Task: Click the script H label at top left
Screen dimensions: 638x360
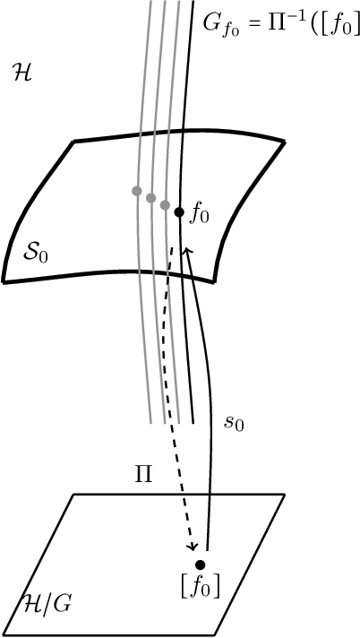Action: pos(21,73)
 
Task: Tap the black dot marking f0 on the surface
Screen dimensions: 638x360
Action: pos(179,212)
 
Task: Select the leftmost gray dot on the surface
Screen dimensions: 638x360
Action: pos(136,191)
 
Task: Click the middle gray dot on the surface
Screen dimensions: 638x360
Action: pos(150,197)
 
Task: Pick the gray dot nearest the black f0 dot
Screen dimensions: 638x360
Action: pos(165,205)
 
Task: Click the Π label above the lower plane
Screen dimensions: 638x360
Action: pos(144,474)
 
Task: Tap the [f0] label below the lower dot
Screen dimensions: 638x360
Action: pos(201,587)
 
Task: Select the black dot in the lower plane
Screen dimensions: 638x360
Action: pos(201,565)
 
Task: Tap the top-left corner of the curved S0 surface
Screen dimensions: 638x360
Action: pos(73,142)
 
